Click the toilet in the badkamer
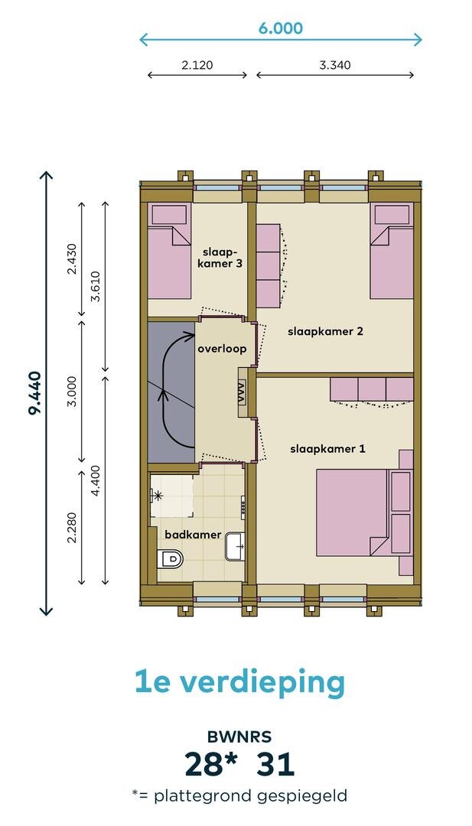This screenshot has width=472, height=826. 170,558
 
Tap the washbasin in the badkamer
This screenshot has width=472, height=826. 235,546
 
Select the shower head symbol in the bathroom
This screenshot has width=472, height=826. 157,495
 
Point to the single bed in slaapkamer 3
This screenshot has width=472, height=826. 169,251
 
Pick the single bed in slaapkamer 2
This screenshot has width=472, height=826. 392,251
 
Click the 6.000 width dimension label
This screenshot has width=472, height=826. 280,28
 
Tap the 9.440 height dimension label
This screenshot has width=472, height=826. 34,393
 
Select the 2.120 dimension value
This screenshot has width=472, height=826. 197,65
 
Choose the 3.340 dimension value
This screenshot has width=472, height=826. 335,65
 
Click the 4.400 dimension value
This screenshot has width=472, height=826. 96,481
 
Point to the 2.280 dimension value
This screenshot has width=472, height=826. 72,527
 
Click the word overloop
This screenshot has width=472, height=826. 222,349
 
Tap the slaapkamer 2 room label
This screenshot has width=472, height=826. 326,331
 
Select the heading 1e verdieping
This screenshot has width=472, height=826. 239,682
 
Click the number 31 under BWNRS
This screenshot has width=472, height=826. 275,764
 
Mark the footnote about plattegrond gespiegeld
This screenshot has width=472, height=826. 239,795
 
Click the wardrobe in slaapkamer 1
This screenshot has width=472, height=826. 371,389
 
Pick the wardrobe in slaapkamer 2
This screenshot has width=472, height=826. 269,266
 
